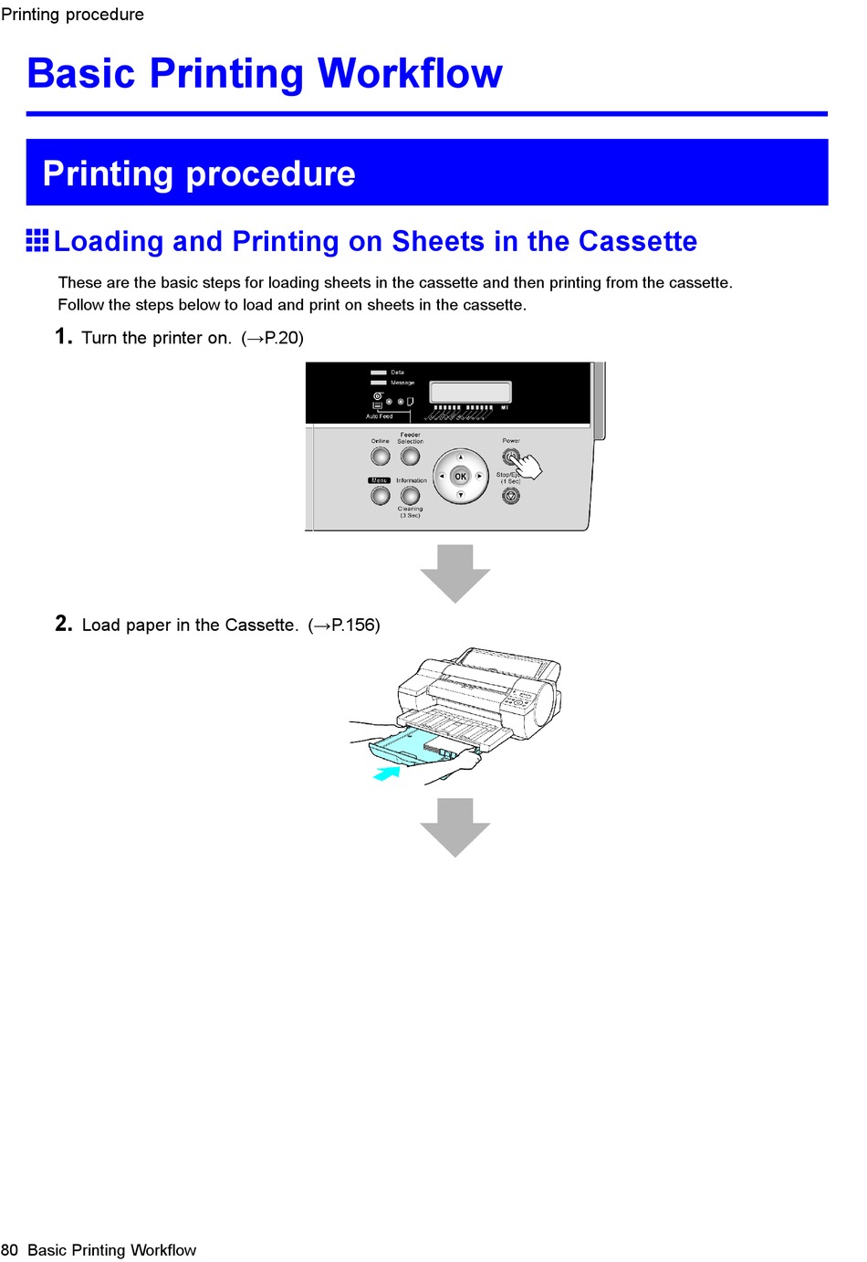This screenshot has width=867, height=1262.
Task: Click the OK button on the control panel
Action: [460, 476]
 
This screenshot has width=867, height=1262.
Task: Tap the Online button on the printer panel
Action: [381, 456]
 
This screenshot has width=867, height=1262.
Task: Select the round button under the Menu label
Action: [381, 495]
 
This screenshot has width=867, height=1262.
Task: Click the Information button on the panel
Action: [411, 495]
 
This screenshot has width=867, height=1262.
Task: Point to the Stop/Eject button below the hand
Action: [511, 495]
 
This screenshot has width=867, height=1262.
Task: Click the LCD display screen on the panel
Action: [470, 392]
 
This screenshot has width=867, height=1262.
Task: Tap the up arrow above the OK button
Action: [461, 457]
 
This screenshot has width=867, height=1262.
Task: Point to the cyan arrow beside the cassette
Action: [387, 773]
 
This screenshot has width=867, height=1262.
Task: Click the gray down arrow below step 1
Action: [455, 573]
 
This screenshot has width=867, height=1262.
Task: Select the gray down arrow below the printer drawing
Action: [455, 826]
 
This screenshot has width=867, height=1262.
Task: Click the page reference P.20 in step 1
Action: [283, 338]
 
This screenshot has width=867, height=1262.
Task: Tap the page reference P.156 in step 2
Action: [355, 626]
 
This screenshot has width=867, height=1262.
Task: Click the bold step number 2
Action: [63, 624]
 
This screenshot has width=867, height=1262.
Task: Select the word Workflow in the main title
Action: [410, 74]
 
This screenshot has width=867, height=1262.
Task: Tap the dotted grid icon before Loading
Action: [37, 240]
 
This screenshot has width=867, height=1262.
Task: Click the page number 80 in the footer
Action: [10, 1250]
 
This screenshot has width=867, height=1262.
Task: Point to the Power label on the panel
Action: [511, 441]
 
